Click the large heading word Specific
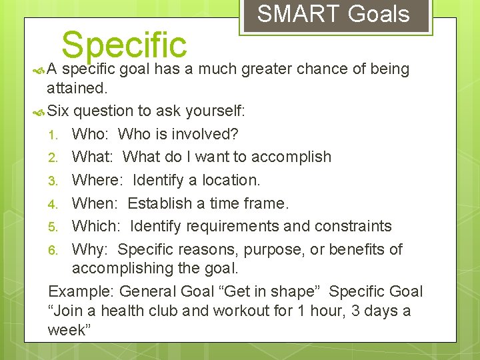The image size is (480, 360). click(x=124, y=44)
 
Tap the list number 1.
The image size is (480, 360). click(x=54, y=134)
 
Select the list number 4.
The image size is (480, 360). click(x=54, y=203)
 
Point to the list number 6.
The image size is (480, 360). click(x=54, y=250)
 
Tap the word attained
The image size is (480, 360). click(x=77, y=87)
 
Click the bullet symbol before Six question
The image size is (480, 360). click(x=38, y=111)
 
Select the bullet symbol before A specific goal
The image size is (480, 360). click(x=38, y=69)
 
